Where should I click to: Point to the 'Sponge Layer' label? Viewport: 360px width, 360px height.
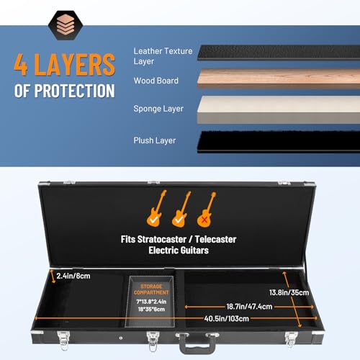point(158,109)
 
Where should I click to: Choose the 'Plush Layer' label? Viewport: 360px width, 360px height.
point(155,141)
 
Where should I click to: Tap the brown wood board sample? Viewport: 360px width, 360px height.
point(277,79)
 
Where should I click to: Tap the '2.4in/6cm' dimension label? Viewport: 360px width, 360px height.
point(73,276)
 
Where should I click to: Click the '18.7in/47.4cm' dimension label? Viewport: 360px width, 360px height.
point(240,305)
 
